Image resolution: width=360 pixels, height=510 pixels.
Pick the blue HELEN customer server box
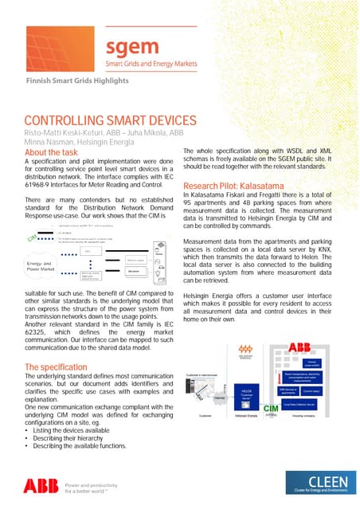pyautogui.click(x=246, y=396)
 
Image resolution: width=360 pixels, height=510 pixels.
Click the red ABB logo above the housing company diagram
pyautogui.click(x=299, y=347)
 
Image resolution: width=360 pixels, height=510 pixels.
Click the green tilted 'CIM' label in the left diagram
pyautogui.click(x=33, y=215)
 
